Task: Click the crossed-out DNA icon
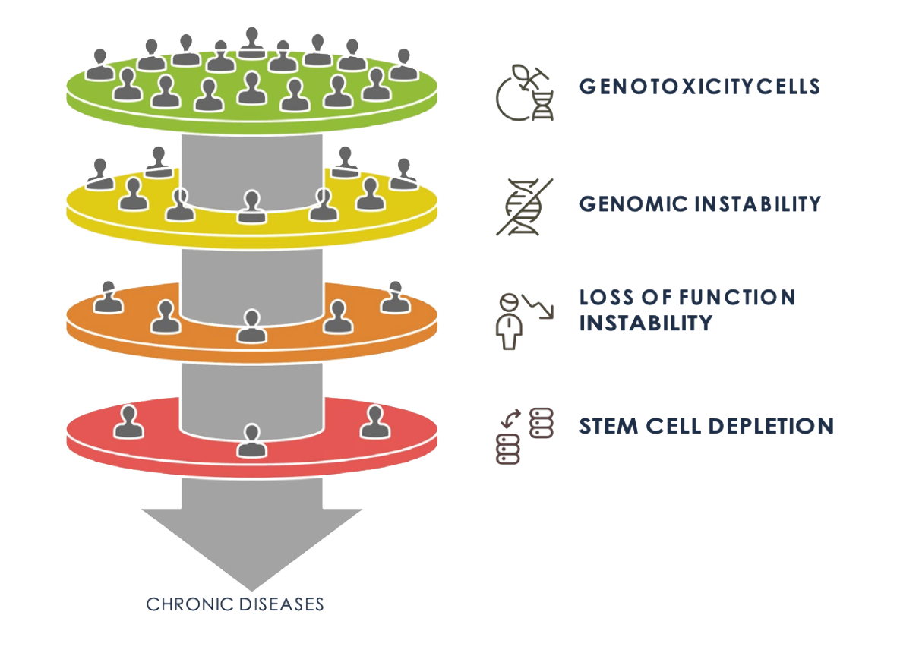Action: [525, 207]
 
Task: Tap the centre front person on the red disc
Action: [250, 441]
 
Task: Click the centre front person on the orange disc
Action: [250, 326]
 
